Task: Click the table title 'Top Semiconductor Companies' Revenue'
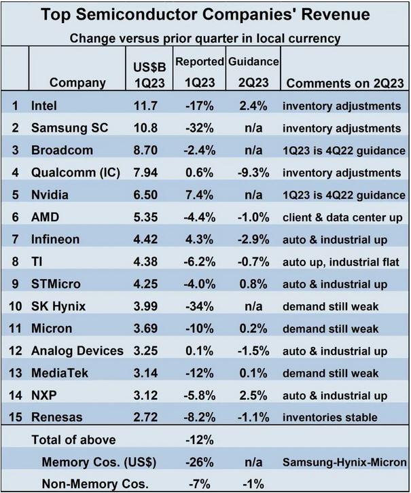[x=205, y=14]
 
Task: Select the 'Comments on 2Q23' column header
[x=346, y=83]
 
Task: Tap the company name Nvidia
[x=51, y=196]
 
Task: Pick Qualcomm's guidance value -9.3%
[x=253, y=173]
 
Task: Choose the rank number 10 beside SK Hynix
[x=14, y=306]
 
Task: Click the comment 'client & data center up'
[x=345, y=217]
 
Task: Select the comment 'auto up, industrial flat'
[x=345, y=262]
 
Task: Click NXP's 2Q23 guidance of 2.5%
[x=253, y=395]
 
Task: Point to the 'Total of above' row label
[x=73, y=440]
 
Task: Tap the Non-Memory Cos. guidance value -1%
[x=253, y=483]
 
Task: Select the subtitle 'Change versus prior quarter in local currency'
[x=205, y=38]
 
